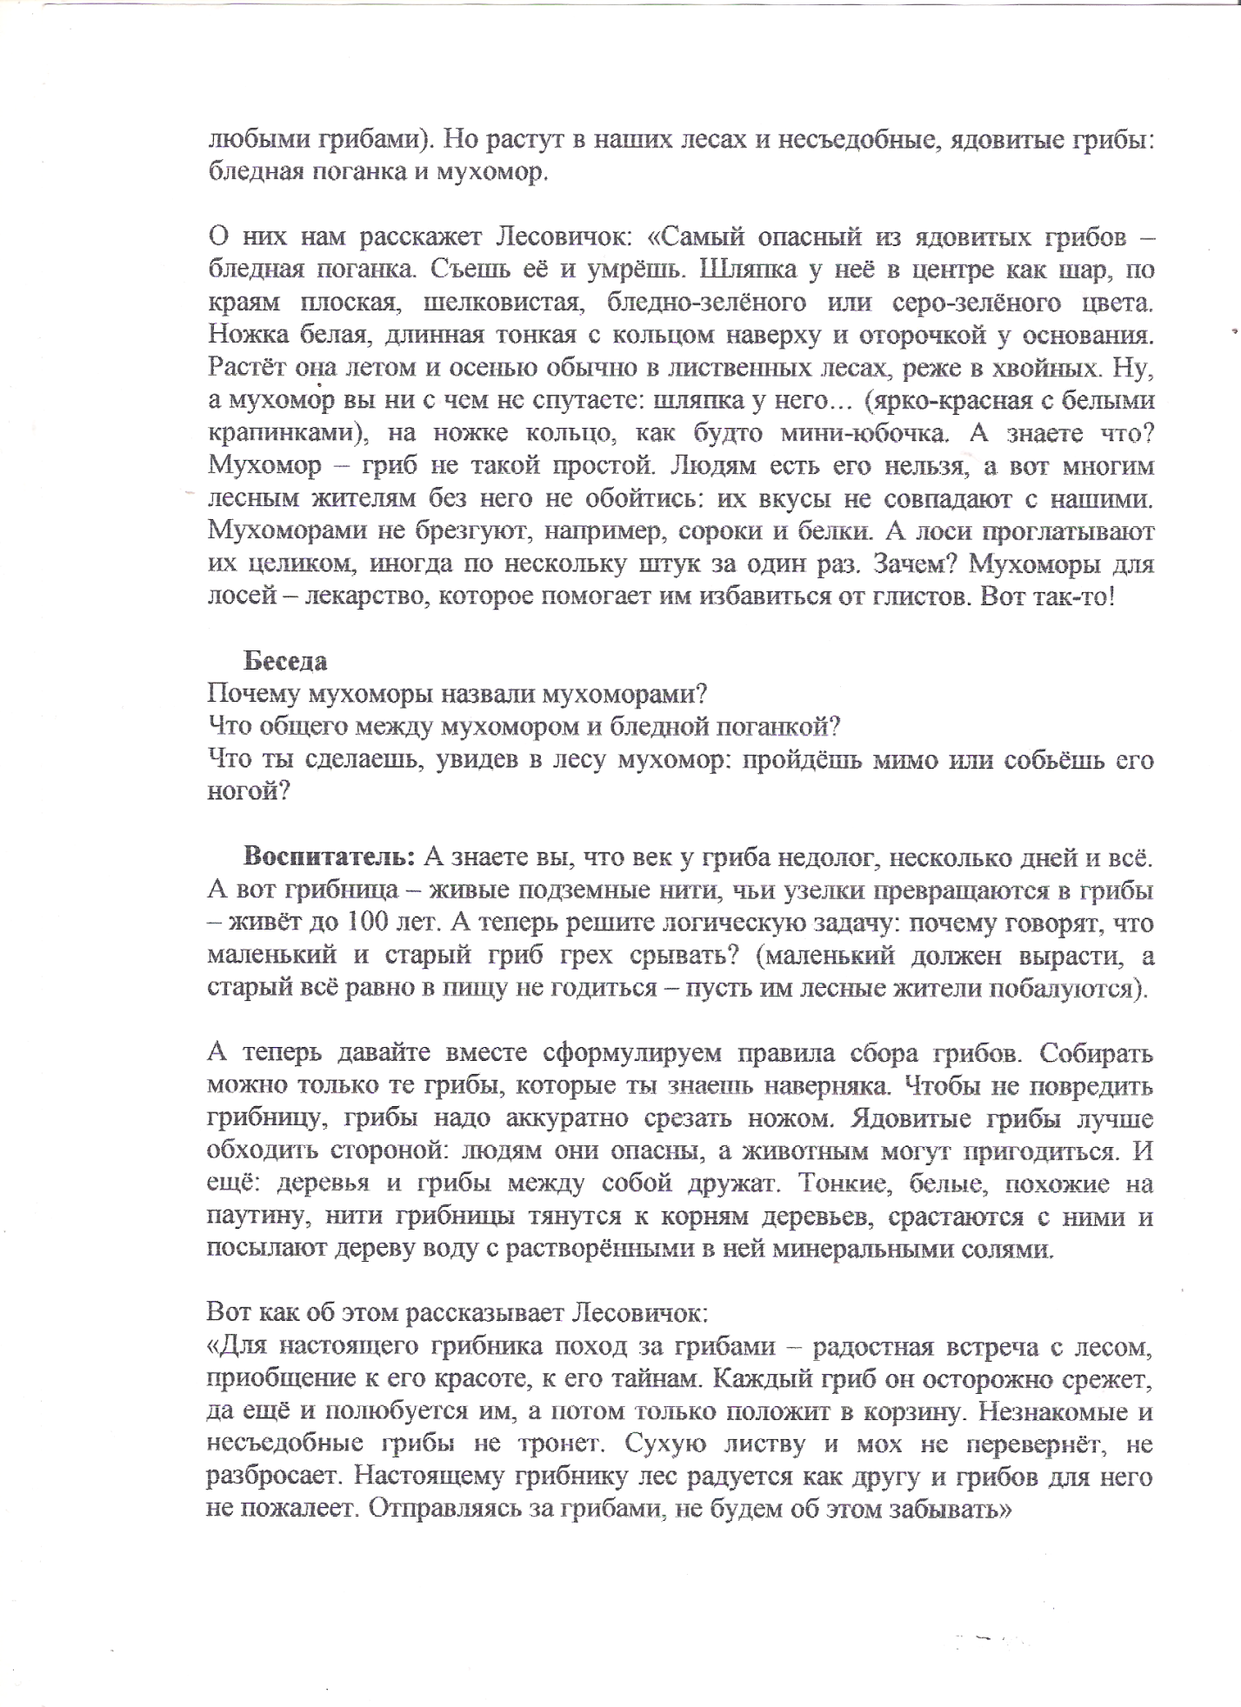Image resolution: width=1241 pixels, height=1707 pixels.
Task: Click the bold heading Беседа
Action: point(285,662)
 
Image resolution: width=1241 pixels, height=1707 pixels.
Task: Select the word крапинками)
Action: point(285,434)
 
